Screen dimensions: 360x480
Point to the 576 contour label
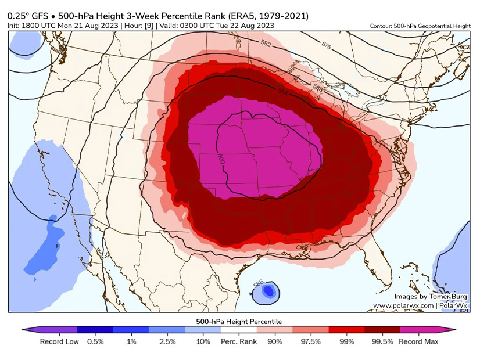click(x=326, y=45)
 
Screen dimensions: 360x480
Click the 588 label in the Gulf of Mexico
click(x=256, y=285)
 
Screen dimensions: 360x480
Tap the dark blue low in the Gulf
click(x=268, y=291)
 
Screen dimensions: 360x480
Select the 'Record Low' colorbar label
click(x=59, y=342)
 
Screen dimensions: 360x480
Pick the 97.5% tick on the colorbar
click(x=310, y=342)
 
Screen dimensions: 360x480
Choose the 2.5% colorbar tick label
click(x=167, y=342)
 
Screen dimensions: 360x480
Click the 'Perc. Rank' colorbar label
click(x=239, y=342)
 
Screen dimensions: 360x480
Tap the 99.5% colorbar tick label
click(x=382, y=342)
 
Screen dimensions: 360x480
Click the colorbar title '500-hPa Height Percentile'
click(x=239, y=321)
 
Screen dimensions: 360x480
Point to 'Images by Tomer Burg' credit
click(x=431, y=296)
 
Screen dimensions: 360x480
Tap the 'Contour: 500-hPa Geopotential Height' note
click(x=420, y=26)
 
